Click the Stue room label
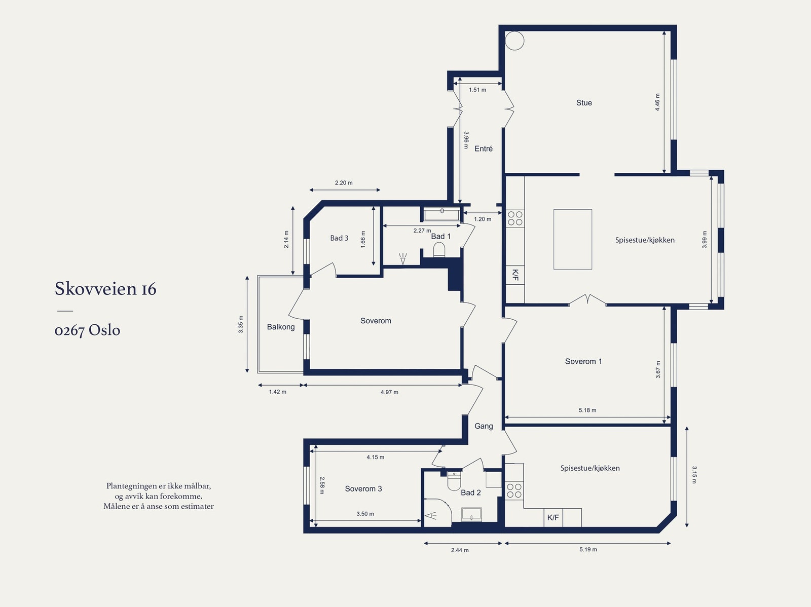(x=584, y=103)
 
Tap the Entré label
(x=483, y=148)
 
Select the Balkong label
(x=281, y=327)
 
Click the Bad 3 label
(x=339, y=238)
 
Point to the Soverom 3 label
(x=363, y=489)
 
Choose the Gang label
(x=484, y=426)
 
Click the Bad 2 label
(x=471, y=492)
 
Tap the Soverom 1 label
(x=583, y=361)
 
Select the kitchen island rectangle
(x=573, y=239)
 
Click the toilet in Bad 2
(x=454, y=481)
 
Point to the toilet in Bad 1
(x=439, y=250)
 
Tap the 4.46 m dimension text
(x=657, y=102)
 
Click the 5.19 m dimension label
(x=588, y=549)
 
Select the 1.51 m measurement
(x=477, y=90)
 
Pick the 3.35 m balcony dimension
(x=241, y=325)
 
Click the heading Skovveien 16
(x=105, y=288)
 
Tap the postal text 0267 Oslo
(x=87, y=330)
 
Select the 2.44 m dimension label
(x=460, y=550)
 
